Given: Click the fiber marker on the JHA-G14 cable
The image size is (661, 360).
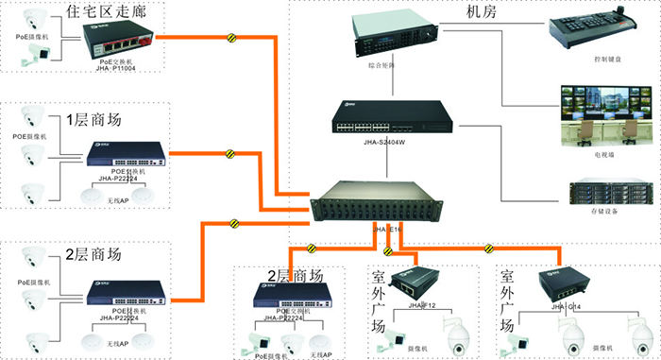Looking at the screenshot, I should (x=488, y=249).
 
